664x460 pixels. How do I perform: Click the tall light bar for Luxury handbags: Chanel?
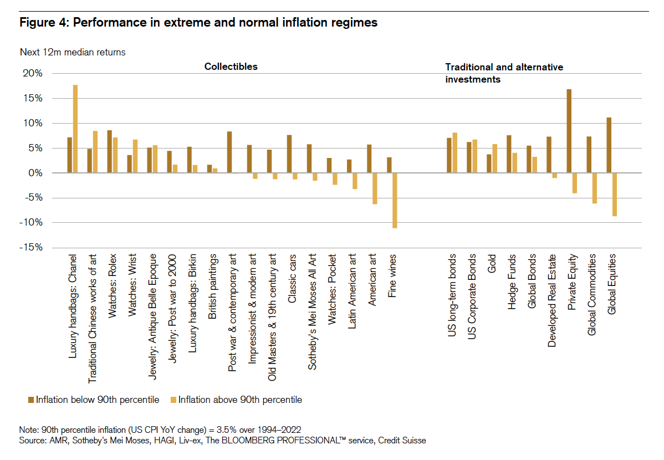75,129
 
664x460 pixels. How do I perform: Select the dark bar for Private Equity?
569,131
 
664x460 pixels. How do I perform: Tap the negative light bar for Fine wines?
395,200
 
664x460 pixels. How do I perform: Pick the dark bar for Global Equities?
609,145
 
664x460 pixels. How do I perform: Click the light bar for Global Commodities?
595,188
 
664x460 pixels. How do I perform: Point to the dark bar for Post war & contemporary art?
229,152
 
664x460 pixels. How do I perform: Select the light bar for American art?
375,188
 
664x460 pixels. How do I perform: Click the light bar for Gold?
495,159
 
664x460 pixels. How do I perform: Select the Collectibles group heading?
231,67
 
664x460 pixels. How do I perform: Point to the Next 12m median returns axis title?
73,53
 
